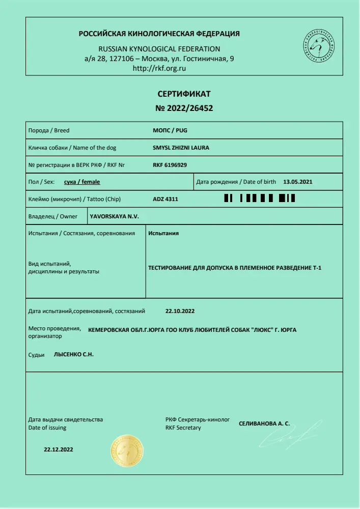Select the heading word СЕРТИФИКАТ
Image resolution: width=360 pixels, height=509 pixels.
(x=184, y=94)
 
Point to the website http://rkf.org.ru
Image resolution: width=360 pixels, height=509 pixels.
(x=158, y=68)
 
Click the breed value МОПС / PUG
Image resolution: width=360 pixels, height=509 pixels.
(x=170, y=130)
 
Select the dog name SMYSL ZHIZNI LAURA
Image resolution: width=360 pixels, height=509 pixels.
(x=181, y=148)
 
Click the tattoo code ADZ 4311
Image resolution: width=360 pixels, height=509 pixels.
(x=165, y=199)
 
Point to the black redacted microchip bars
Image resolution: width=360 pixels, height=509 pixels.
(x=260, y=199)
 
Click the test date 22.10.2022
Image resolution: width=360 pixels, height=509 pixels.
(x=181, y=310)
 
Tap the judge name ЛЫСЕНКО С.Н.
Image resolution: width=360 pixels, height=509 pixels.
(x=74, y=354)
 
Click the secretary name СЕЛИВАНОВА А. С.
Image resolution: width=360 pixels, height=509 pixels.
(x=264, y=423)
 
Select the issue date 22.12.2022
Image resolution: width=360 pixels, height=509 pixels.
(x=59, y=450)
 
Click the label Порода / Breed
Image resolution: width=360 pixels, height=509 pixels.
(x=48, y=131)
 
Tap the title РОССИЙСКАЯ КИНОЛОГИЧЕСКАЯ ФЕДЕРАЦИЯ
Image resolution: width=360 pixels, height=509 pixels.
(x=159, y=34)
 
